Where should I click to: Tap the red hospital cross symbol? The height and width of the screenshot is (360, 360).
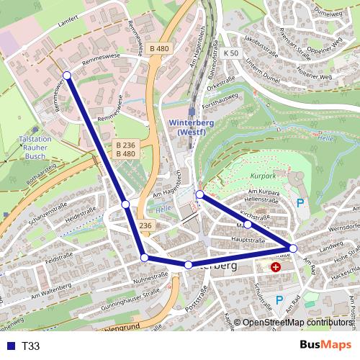click(x=276, y=267)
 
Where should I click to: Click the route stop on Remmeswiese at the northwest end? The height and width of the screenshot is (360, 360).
click(x=66, y=75)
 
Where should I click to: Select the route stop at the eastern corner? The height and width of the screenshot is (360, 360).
click(x=293, y=248)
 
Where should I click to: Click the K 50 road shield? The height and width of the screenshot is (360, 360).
click(x=230, y=53)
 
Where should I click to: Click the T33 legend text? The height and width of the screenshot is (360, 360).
click(x=31, y=346)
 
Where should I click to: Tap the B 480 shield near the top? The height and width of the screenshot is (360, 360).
click(x=160, y=48)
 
